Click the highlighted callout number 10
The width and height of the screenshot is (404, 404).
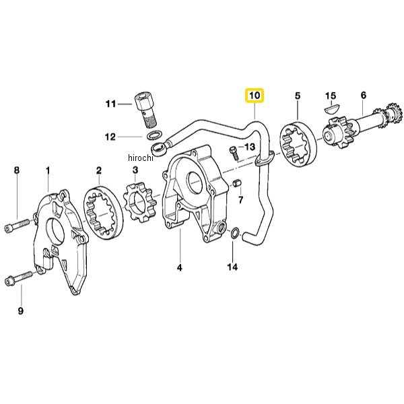click(x=255, y=96)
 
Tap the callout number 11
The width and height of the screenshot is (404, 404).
click(x=111, y=104)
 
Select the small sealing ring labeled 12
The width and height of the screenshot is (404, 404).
click(x=155, y=135)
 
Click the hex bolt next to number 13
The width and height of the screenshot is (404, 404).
click(x=234, y=154)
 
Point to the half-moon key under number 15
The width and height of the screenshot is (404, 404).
click(x=332, y=108)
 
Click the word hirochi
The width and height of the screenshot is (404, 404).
click(x=141, y=158)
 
